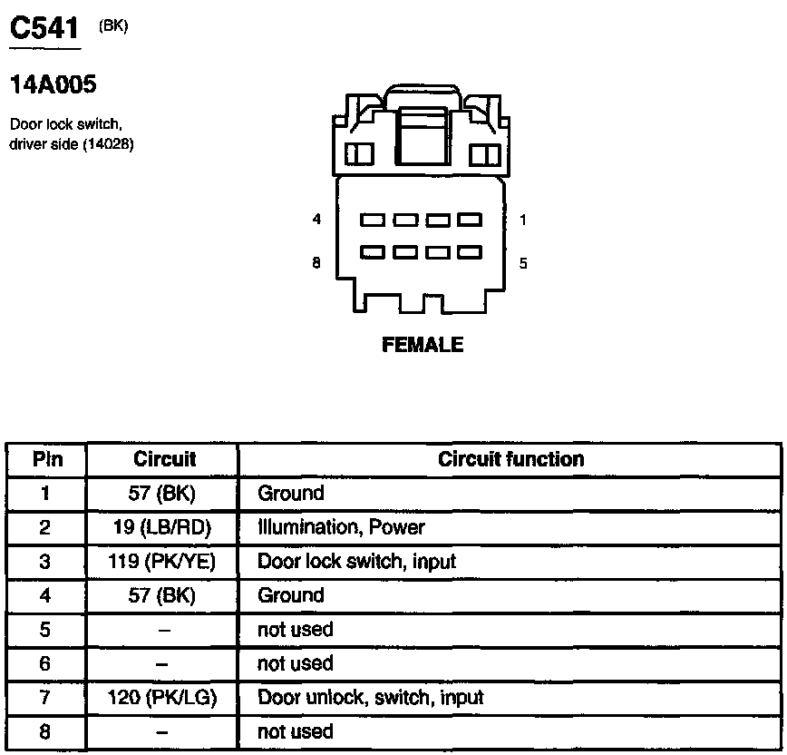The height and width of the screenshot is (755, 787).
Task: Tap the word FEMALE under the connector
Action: pos(423,345)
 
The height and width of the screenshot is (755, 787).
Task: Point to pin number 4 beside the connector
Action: pos(316,220)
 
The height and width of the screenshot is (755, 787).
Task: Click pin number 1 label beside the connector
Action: pos(523,220)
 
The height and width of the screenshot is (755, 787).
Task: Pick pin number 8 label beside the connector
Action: pos(316,264)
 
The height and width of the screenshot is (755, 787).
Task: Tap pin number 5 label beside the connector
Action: pos(523,264)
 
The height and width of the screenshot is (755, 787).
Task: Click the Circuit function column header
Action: pos(510,459)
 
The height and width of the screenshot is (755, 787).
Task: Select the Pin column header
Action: pos(47,459)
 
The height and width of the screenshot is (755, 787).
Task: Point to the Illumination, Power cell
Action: pos(341,527)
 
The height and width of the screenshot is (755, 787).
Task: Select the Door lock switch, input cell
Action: pos(356,562)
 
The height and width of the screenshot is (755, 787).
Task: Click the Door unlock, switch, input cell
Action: pos(370,698)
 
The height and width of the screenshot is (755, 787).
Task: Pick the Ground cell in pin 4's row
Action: pos(290,595)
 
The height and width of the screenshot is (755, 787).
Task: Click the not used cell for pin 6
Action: pos(296,663)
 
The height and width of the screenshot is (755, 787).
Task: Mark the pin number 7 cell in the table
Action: pos(46,698)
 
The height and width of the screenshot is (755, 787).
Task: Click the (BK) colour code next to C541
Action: pos(113,26)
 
